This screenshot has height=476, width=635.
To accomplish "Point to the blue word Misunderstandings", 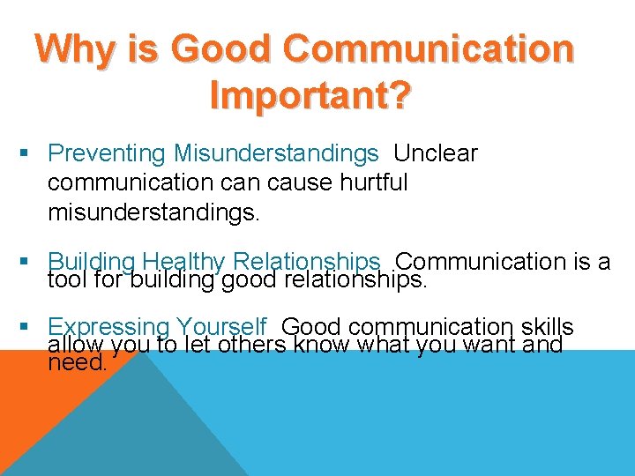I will tap(276, 153).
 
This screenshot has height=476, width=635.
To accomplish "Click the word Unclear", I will tap(436, 153).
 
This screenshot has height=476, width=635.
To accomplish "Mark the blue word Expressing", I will tap(108, 326).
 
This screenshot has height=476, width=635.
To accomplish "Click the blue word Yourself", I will tap(220, 326).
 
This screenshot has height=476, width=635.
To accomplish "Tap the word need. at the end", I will tap(78, 361).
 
